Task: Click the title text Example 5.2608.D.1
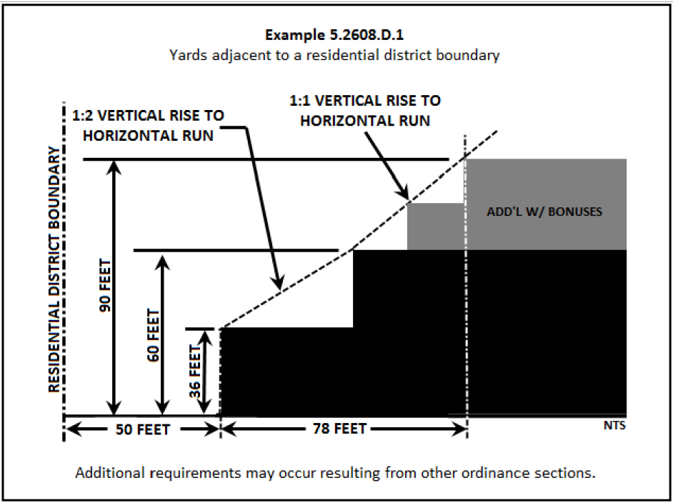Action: tap(336, 35)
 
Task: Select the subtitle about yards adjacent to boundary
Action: tap(336, 55)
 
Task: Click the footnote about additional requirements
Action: tap(336, 473)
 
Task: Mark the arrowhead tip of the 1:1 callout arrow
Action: tap(407, 199)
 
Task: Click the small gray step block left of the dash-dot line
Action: tap(436, 226)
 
